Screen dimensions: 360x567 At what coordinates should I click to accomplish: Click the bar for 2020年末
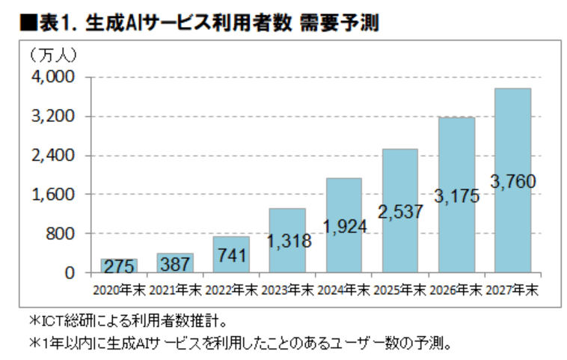[119, 266]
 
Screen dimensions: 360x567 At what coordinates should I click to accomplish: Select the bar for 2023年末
[287, 240]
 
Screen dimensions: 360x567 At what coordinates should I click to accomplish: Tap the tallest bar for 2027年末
[512, 180]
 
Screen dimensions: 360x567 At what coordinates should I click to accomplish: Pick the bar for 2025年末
[399, 210]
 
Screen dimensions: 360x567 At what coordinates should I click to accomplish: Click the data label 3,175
[456, 196]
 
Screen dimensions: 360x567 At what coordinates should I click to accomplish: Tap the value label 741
[231, 255]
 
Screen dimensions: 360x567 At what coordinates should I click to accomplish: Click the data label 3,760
[512, 181]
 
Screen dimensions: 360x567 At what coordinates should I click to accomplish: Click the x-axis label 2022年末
[231, 289]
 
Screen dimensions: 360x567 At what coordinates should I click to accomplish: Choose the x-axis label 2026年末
[456, 289]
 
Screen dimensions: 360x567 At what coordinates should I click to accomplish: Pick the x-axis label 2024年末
[343, 289]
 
